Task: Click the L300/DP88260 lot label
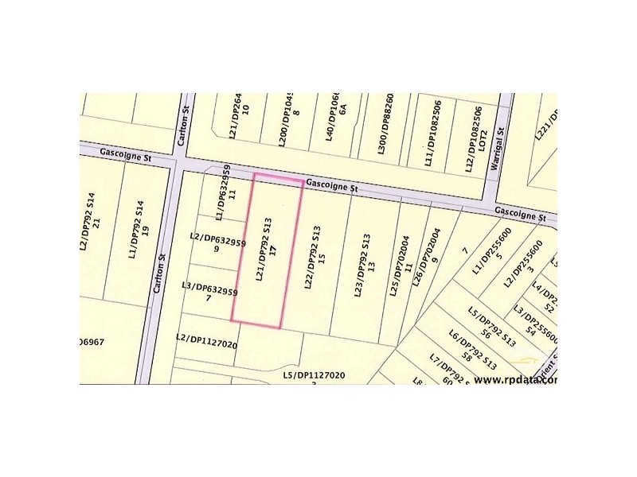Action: [385, 125]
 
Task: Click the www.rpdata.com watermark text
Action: [515, 378]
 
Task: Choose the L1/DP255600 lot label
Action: [491, 253]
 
